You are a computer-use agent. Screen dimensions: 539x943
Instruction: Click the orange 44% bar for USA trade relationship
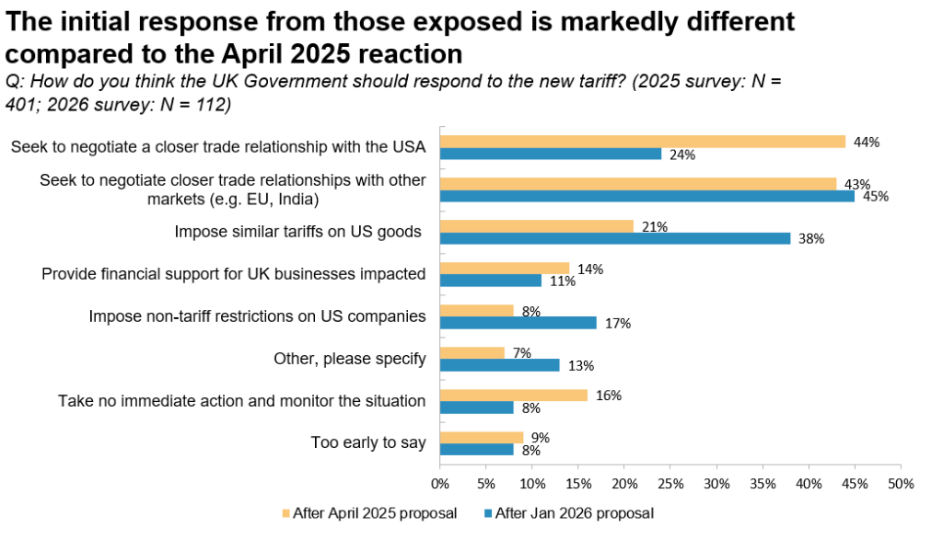pyautogui.click(x=642, y=142)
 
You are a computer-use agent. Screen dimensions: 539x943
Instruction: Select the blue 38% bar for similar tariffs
pyautogui.click(x=614, y=238)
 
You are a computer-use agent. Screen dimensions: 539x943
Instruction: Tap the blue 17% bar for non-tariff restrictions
pyautogui.click(x=518, y=323)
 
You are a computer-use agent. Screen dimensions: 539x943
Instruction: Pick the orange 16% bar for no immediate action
pyautogui.click(x=513, y=396)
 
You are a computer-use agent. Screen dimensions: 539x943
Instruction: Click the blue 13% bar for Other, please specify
pyautogui.click(x=499, y=365)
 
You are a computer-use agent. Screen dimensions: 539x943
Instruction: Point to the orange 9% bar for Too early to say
pyautogui.click(x=481, y=438)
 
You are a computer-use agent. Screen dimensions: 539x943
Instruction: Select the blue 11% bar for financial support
pyautogui.click(x=490, y=281)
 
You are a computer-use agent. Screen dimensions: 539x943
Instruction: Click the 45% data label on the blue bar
pyautogui.click(x=872, y=197)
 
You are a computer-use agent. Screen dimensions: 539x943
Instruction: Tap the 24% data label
pyautogui.click(x=682, y=155)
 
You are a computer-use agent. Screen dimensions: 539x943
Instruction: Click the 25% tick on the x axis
pyautogui.click(x=670, y=483)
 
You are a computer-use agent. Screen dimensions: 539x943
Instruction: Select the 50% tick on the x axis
pyautogui.click(x=901, y=483)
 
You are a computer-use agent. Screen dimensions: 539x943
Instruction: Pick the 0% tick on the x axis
pyautogui.click(x=440, y=483)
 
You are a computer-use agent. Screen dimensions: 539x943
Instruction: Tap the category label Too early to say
pyautogui.click(x=368, y=442)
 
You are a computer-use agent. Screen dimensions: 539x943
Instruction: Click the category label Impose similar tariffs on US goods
pyautogui.click(x=297, y=232)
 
